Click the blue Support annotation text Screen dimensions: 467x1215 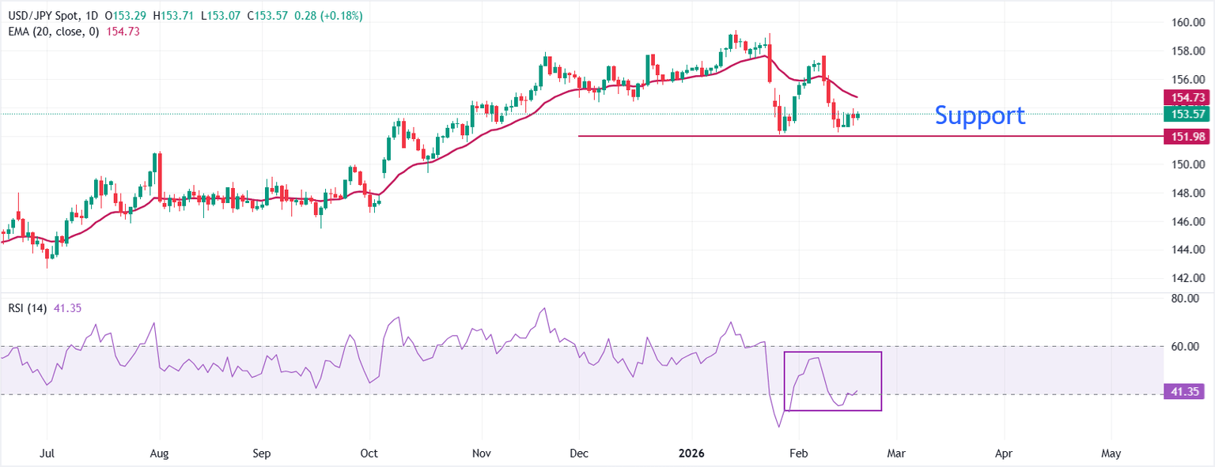980,115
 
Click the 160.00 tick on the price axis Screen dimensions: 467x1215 1188,22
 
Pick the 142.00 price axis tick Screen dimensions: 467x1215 1188,278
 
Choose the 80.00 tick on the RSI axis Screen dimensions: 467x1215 1188,299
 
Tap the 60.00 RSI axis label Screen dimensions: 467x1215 1188,346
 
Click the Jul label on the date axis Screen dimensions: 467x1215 47,454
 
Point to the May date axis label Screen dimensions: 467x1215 1111,454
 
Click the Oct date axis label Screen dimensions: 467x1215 369,454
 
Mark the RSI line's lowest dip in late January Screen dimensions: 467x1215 779,427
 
